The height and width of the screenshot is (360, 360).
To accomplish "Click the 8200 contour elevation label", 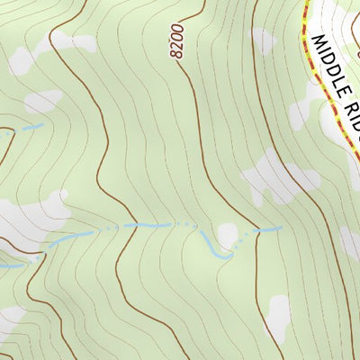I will [x=176, y=41].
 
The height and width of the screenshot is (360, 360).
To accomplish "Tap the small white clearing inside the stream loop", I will [x=227, y=236].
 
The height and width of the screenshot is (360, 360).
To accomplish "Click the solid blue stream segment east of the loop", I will [x=268, y=229].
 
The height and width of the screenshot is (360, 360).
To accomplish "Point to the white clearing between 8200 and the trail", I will [x=265, y=40].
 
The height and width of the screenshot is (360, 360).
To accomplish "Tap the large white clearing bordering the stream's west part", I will [x=36, y=216].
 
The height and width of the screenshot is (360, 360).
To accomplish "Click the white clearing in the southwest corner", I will [x=11, y=319].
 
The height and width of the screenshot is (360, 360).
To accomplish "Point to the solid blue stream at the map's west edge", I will [x=11, y=265].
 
